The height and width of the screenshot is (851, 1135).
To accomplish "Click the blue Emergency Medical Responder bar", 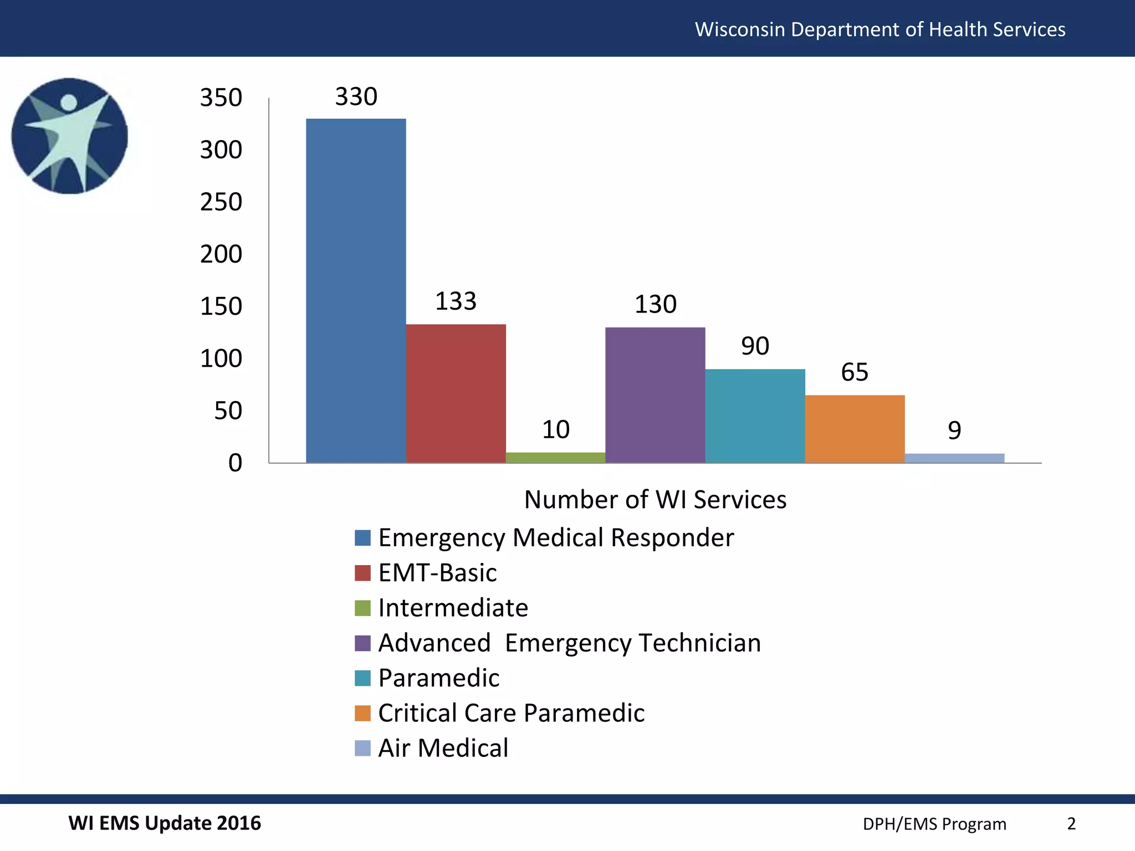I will [x=356, y=291].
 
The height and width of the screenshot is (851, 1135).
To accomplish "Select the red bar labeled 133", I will [x=456, y=393].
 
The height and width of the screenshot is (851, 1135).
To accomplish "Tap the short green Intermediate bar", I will [x=555, y=458].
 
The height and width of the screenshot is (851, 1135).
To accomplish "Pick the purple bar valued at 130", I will [x=655, y=394].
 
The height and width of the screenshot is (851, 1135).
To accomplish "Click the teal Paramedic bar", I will [x=755, y=416].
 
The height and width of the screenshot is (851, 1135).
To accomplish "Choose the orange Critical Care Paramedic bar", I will [x=855, y=429].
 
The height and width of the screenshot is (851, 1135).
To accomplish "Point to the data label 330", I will [x=356, y=97].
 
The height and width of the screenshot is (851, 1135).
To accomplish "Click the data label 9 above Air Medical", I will [x=954, y=430].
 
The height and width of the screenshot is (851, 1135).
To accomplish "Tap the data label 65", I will [x=854, y=372].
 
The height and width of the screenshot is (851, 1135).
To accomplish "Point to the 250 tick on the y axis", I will [x=221, y=202].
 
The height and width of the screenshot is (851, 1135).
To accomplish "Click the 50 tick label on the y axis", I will [x=228, y=411].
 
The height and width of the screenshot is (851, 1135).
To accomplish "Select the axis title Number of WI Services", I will [x=655, y=500].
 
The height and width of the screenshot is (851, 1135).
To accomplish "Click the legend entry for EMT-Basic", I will [x=437, y=573].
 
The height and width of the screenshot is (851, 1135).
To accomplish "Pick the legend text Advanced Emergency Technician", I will [x=569, y=643].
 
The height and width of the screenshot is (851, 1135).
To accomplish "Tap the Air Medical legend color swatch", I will [x=362, y=748].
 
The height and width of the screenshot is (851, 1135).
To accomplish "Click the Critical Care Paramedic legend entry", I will [x=511, y=713].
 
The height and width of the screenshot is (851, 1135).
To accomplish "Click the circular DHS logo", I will [x=70, y=136].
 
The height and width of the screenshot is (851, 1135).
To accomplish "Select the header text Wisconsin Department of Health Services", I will [x=880, y=29].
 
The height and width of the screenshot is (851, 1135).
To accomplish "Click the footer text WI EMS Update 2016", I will [x=165, y=823].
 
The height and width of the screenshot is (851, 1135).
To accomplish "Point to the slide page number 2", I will [x=1071, y=824].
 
